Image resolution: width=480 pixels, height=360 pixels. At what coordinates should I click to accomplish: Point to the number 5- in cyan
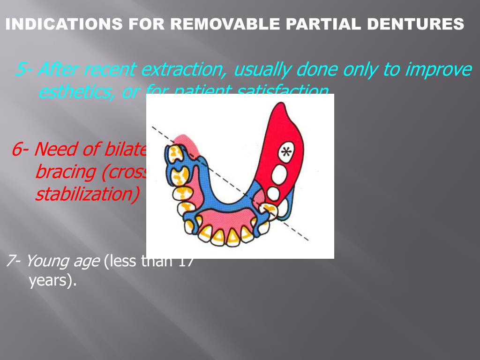tap(23, 70)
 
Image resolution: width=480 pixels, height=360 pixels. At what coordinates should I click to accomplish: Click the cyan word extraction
tap(185, 70)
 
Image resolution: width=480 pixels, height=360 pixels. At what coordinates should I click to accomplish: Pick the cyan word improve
tap(438, 70)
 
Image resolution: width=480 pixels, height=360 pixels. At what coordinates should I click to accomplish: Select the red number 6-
tap(21, 150)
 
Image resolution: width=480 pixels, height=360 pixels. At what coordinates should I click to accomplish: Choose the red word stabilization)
tap(87, 194)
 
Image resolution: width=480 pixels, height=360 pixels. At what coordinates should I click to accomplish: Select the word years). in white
tap(52, 281)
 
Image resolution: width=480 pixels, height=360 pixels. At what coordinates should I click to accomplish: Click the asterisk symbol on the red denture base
tap(285, 152)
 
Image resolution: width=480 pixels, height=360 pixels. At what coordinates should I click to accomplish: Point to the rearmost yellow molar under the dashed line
tap(175, 152)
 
